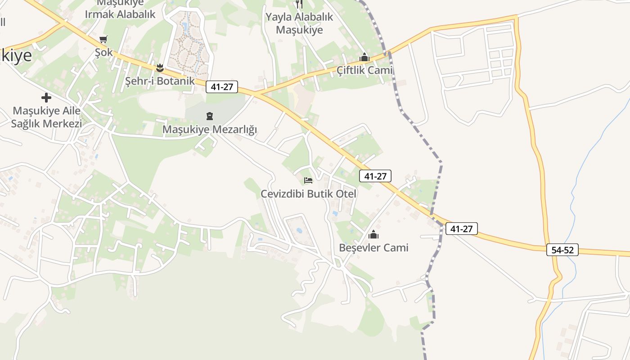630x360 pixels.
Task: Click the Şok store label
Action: (103, 53)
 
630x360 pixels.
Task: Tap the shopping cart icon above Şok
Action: (103, 40)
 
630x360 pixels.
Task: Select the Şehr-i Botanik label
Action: (160, 81)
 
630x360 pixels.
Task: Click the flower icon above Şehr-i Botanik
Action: (160, 68)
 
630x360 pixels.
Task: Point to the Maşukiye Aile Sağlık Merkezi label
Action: (46, 117)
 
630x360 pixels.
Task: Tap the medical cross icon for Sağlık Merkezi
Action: (46, 97)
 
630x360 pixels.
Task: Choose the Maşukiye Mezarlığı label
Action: (210, 130)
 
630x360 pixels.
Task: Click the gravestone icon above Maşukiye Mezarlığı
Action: (210, 117)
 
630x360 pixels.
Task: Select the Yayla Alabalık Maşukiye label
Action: (299, 23)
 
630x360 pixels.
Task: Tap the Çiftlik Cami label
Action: (364, 70)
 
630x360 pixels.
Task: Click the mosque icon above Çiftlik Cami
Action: (364, 58)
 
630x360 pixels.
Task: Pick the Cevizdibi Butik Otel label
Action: (309, 194)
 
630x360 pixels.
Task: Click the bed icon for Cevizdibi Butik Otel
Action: (308, 180)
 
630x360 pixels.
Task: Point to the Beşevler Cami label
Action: (373, 247)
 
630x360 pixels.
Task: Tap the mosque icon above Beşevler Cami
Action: (373, 234)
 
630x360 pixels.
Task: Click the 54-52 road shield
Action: (562, 250)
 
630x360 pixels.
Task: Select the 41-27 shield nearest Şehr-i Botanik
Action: (222, 87)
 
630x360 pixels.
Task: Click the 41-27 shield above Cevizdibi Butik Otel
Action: (375, 176)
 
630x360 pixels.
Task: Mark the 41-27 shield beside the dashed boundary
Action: (462, 229)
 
